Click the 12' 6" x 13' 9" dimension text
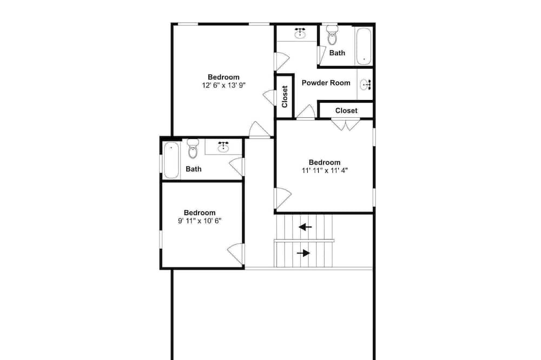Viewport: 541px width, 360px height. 223,85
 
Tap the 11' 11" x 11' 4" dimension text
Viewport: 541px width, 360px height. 325,170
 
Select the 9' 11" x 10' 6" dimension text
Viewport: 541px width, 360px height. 200,221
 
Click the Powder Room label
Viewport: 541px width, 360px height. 326,83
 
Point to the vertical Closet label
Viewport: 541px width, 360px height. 285,97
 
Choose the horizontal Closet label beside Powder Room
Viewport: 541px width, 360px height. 346,111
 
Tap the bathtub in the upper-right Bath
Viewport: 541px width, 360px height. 364,46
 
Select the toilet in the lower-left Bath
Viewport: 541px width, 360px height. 193,149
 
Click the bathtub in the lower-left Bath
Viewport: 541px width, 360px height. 171,161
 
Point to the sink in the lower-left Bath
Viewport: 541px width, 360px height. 223,147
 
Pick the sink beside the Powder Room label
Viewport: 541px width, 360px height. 365,84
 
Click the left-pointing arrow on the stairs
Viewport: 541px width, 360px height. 305,227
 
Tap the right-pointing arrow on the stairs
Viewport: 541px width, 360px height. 304,254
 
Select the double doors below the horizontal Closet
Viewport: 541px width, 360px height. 346,125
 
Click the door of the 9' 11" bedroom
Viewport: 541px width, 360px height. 236,254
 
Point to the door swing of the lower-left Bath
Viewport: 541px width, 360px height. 237,166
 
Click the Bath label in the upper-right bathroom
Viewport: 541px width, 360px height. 337,53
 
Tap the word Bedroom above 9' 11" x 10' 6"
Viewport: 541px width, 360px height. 200,213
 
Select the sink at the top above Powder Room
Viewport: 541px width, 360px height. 300,33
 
